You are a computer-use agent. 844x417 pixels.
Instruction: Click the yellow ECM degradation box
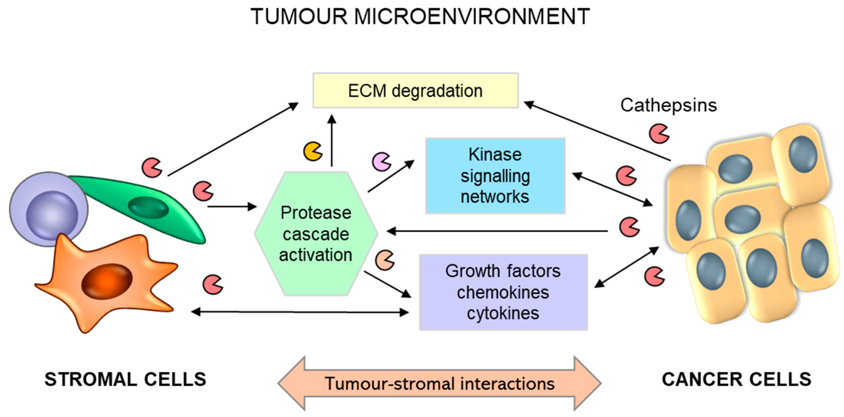pyautogui.click(x=415, y=90)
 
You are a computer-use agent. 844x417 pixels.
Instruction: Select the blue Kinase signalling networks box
pyautogui.click(x=495, y=176)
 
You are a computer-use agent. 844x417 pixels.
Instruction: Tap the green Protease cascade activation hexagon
pyautogui.click(x=316, y=234)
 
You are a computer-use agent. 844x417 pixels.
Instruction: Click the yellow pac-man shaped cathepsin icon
pyautogui.click(x=313, y=151)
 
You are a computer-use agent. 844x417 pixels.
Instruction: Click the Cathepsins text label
pyautogui.click(x=668, y=106)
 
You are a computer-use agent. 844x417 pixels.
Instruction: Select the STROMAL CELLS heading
pyautogui.click(x=125, y=379)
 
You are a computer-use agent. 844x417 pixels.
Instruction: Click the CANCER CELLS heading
pyautogui.click(x=736, y=379)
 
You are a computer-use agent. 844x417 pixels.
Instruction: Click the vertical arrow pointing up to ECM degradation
pyautogui.click(x=332, y=141)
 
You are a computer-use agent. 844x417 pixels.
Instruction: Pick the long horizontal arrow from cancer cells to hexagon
pyautogui.click(x=496, y=231)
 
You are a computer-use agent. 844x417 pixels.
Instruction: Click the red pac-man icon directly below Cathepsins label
pyautogui.click(x=659, y=134)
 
